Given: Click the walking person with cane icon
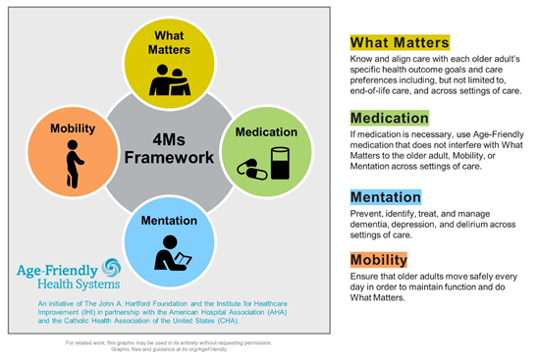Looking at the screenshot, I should click(70, 165).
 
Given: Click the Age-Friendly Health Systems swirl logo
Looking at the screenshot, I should click(110, 268).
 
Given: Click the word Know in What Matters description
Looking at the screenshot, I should click(362, 61).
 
